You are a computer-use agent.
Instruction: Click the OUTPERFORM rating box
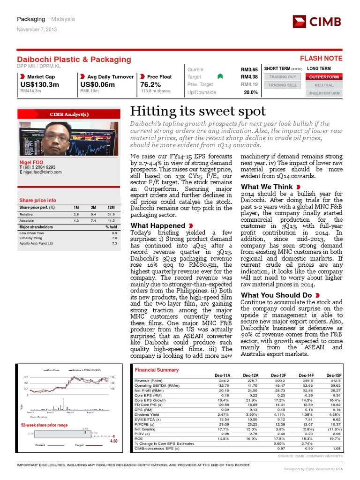[x=323, y=77]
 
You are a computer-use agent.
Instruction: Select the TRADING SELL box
[x=282, y=85]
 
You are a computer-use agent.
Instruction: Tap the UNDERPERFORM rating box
[x=323, y=93]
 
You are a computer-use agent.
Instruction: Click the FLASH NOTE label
[x=321, y=59]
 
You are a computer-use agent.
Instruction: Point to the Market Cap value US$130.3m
[x=40, y=84]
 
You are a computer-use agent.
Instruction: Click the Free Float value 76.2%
[x=150, y=84]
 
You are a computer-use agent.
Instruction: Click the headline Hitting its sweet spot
[x=198, y=111]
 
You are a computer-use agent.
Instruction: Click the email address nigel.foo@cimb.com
[x=43, y=172]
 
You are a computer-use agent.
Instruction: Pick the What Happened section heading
[x=157, y=225]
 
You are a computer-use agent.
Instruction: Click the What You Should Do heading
[x=276, y=295]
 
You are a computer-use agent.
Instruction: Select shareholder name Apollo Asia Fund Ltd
[x=36, y=244]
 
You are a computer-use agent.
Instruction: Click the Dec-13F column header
[x=279, y=375]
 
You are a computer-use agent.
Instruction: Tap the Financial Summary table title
[x=157, y=370]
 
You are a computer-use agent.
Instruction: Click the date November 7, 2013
[x=37, y=30]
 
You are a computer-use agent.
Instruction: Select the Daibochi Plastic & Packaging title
[x=74, y=59]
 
